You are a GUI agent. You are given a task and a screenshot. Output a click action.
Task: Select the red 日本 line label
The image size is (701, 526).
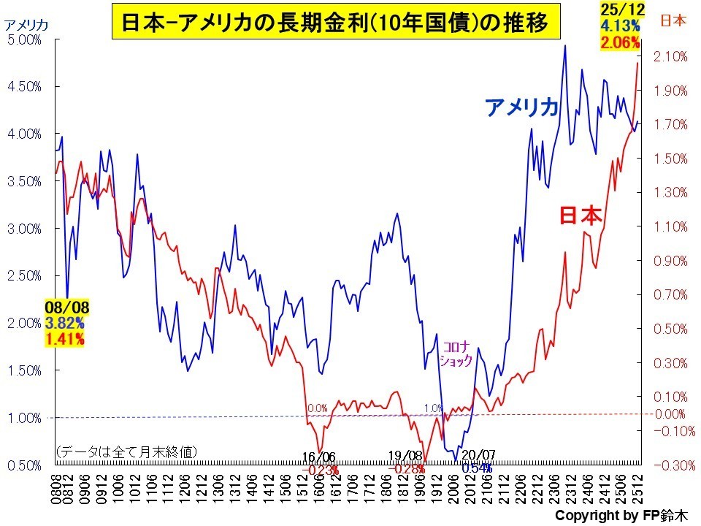[581, 216]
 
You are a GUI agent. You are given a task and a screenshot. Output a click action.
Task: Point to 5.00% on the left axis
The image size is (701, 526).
[24, 39]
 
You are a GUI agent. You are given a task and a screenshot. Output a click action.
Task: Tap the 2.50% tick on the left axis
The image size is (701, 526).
[24, 275]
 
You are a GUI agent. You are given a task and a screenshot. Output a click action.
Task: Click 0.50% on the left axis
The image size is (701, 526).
[24, 465]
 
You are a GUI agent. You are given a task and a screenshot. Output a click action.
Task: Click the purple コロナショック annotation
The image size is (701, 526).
[456, 354]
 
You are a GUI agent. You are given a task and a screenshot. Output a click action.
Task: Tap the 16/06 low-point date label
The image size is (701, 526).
[319, 457]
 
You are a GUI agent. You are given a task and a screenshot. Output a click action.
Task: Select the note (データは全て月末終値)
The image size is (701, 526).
[126, 451]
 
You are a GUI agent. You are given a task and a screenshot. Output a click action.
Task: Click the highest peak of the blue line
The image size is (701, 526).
[564, 46]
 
